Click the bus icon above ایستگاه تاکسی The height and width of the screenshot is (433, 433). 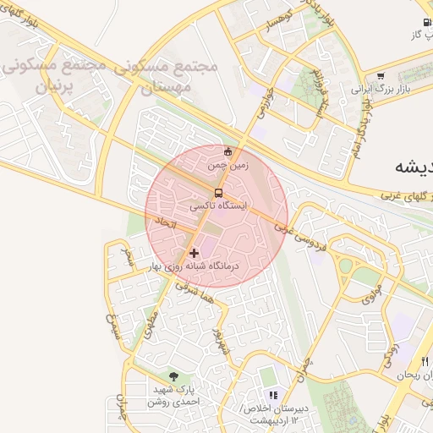tap(219, 193)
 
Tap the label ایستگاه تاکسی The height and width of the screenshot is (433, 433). tap(219, 206)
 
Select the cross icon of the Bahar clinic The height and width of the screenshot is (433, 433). tap(195, 253)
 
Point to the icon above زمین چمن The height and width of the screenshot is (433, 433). tap(227, 152)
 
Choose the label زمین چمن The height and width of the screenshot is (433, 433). tap(227, 166)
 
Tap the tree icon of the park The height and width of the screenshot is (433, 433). tap(173, 376)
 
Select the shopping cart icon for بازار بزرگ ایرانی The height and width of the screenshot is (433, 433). tap(380, 74)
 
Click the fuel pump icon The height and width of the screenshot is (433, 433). tap(425, 22)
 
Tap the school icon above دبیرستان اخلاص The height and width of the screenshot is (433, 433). tap(272, 395)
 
